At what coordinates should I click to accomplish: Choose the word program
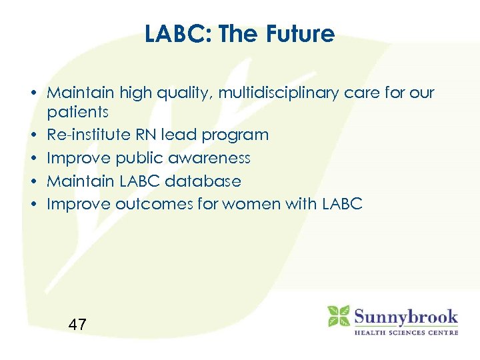235,135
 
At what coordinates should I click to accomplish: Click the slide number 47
77,325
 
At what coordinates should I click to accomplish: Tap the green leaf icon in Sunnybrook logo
339,316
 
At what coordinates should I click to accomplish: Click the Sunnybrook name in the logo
405,315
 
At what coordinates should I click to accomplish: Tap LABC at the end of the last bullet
341,205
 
